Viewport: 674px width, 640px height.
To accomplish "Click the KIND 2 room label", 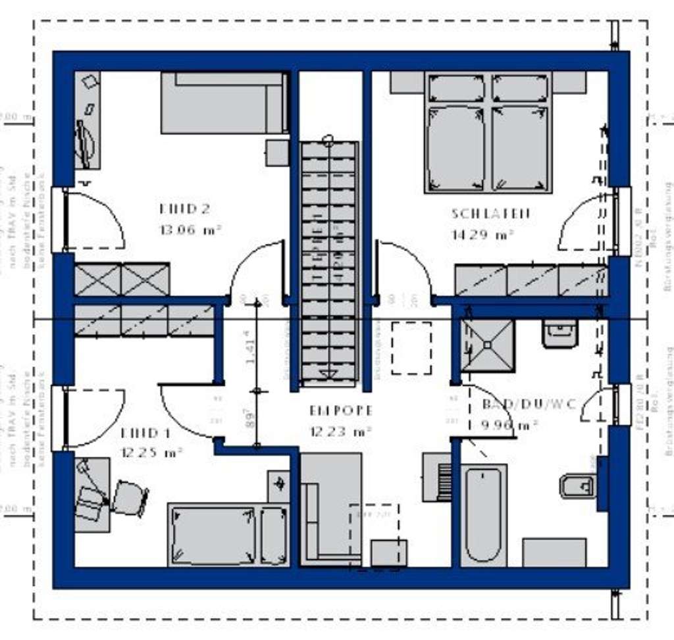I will [185, 209].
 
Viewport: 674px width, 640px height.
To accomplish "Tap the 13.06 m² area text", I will [190, 230].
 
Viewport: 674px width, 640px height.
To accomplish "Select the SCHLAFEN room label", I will [490, 214].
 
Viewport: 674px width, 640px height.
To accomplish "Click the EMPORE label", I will [341, 411].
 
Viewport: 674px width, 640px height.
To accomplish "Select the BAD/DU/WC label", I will [529, 404].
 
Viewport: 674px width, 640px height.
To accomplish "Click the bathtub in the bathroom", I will [484, 515].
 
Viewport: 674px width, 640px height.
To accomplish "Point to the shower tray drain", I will [488, 344].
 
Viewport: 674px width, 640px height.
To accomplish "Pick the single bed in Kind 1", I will [228, 534].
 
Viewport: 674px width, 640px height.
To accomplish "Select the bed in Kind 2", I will [224, 103].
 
